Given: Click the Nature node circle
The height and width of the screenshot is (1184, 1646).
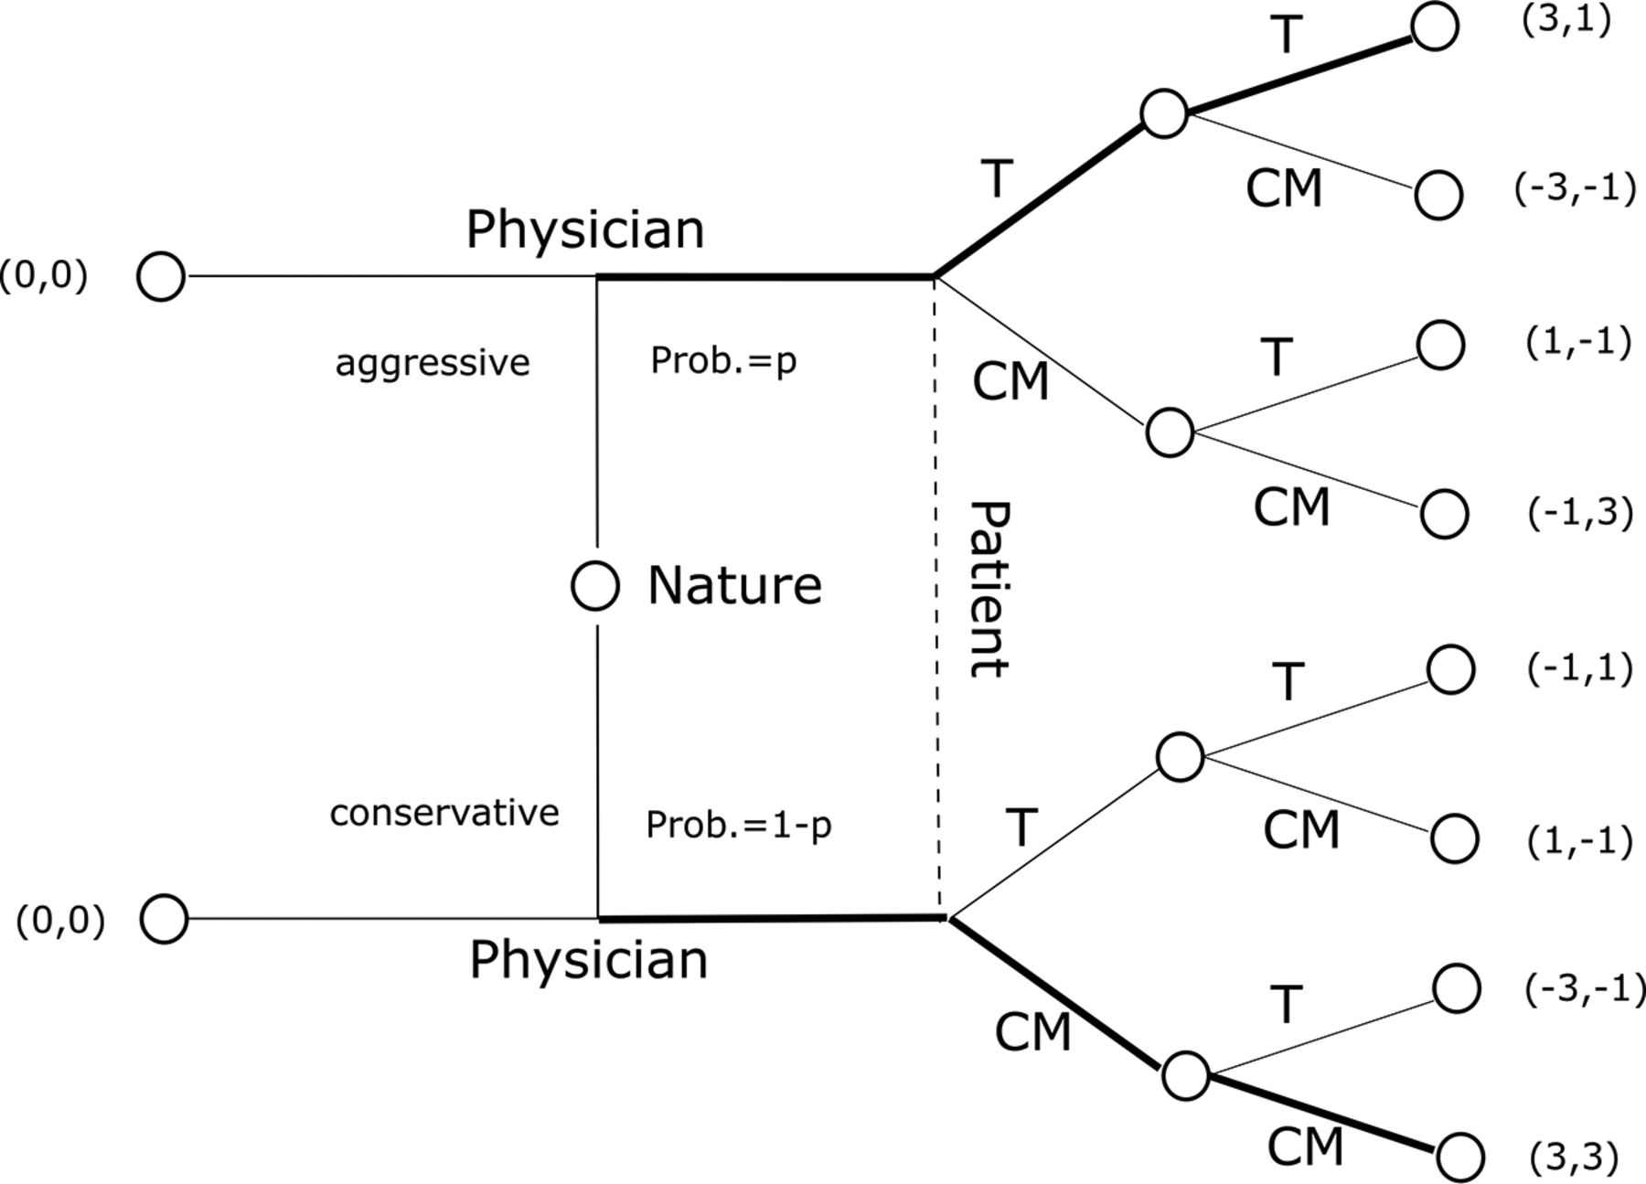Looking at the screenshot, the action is click(x=595, y=585).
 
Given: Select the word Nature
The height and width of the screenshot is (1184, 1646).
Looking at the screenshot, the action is click(x=735, y=585).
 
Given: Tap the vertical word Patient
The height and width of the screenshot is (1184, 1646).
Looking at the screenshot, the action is click(x=989, y=589).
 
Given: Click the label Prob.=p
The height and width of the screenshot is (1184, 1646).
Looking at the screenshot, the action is click(x=723, y=360).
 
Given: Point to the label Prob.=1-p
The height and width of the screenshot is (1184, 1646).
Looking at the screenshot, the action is click(x=739, y=825).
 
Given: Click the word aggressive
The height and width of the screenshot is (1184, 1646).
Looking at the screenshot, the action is click(x=433, y=363).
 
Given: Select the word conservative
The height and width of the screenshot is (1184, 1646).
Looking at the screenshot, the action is click(x=444, y=812).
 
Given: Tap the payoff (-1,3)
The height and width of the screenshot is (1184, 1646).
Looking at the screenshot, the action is click(x=1580, y=514).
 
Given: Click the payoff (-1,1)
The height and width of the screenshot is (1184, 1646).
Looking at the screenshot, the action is click(x=1579, y=669).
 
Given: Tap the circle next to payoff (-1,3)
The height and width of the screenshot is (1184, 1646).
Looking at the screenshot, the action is click(x=1444, y=513).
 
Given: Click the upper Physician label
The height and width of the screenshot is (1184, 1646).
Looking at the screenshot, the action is click(x=585, y=229).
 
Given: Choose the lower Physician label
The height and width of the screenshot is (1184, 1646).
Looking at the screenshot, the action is click(x=589, y=960).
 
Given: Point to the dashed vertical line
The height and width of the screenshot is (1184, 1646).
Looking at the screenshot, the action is click(x=936, y=596).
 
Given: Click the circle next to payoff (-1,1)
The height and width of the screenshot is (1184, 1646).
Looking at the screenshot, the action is click(x=1450, y=668).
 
